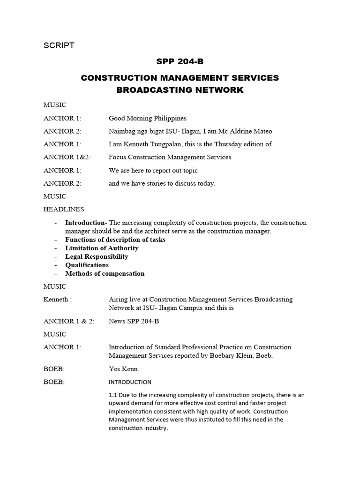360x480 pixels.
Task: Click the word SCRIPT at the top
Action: [x=59, y=45]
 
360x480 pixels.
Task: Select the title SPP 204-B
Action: [x=180, y=61]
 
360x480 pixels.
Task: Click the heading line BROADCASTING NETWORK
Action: [x=180, y=90]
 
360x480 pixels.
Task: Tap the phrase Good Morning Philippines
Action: [x=147, y=118]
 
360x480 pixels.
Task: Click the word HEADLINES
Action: [x=64, y=209]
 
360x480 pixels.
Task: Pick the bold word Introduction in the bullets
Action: [x=85, y=223]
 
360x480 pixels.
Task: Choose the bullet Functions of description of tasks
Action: [x=115, y=240]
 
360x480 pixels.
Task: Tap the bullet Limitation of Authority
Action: [x=102, y=248]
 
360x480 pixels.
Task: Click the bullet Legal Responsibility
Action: [x=97, y=256]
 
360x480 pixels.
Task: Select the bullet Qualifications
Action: [x=87, y=265]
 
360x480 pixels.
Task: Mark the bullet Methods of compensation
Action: [x=105, y=273]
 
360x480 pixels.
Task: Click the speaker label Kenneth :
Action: [x=58, y=299]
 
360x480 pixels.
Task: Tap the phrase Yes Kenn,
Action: [x=123, y=369]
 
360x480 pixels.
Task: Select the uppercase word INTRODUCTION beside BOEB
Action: [x=130, y=382]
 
